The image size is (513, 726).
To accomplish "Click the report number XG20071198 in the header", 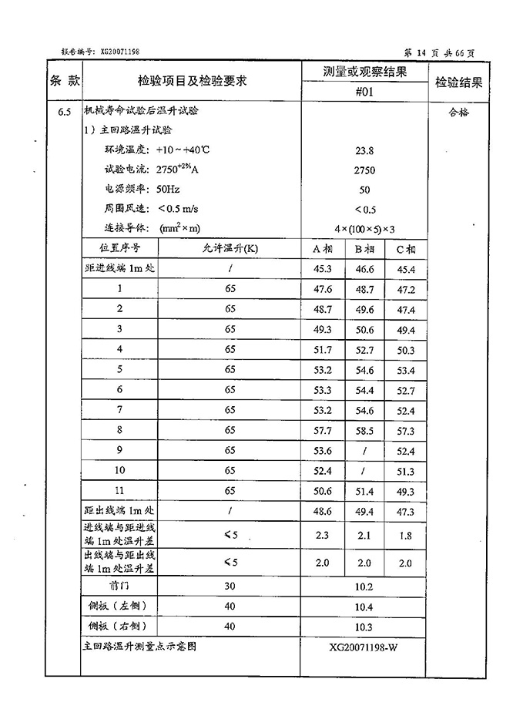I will pyautogui.click(x=119, y=51).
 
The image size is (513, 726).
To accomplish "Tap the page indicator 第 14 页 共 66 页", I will pyautogui.click(x=440, y=52).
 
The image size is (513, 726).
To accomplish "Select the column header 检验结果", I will pyautogui.click(x=458, y=82).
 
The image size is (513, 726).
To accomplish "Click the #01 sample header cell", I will pyautogui.click(x=364, y=92).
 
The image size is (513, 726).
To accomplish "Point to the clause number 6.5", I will pyautogui.click(x=65, y=113).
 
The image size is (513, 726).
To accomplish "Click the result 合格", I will pyautogui.click(x=458, y=112).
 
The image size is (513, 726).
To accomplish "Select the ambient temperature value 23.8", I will pyautogui.click(x=364, y=151).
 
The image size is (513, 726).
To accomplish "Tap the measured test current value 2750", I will pyautogui.click(x=364, y=170).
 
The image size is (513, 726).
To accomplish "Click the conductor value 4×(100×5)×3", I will pyautogui.click(x=364, y=228).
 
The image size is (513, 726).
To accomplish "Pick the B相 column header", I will pyautogui.click(x=364, y=249).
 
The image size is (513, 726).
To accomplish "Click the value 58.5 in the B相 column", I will pyautogui.click(x=364, y=430).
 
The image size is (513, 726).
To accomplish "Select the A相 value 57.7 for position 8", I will pyautogui.click(x=323, y=430).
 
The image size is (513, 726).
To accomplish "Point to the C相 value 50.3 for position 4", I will pyautogui.click(x=405, y=350).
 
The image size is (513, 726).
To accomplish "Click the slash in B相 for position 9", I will pyautogui.click(x=364, y=450).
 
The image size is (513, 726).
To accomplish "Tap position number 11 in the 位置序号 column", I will pyautogui.click(x=119, y=490).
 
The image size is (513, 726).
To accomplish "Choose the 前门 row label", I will pyautogui.click(x=119, y=587).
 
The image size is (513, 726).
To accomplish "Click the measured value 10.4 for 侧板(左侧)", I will pyautogui.click(x=364, y=607).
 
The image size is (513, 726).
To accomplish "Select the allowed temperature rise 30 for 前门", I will pyautogui.click(x=230, y=587).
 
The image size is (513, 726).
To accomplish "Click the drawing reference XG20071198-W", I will pyautogui.click(x=364, y=647).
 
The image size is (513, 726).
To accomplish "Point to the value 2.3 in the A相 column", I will pyautogui.click(x=323, y=535).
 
